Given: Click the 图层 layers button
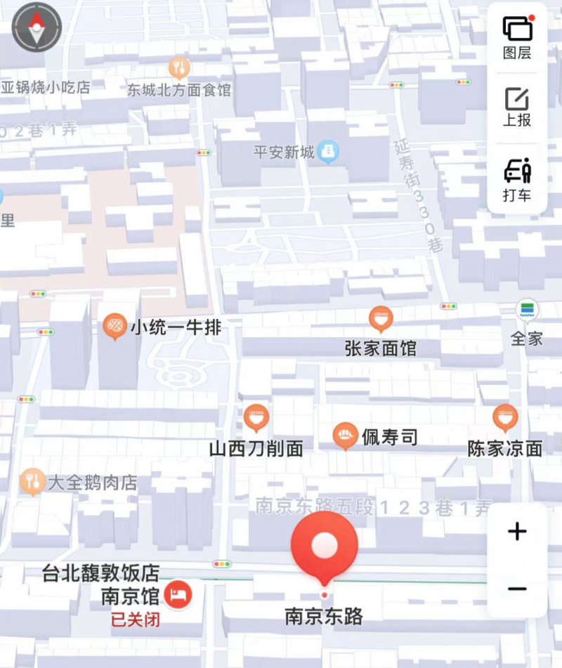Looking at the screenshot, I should pyautogui.click(x=517, y=37).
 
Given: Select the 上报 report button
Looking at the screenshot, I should pyautogui.click(x=517, y=107).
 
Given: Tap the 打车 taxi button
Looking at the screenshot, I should pyautogui.click(x=517, y=181).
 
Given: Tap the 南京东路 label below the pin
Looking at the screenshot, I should pyautogui.click(x=324, y=617).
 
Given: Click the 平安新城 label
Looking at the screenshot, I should pyautogui.click(x=284, y=151).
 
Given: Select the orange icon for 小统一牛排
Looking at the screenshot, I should pyautogui.click(x=115, y=326).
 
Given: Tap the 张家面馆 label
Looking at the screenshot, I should pyautogui.click(x=381, y=348).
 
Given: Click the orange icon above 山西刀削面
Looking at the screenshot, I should pyautogui.click(x=256, y=417).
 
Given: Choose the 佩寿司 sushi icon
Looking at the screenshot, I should pyautogui.click(x=345, y=435).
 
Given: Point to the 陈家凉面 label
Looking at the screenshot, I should pyautogui.click(x=505, y=449).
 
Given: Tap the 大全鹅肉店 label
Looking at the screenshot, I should pyautogui.click(x=91, y=483).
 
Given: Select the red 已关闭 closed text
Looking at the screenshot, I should pyautogui.click(x=136, y=620).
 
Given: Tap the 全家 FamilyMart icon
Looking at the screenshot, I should pyautogui.click(x=527, y=310).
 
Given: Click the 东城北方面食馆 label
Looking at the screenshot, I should pyautogui.click(x=179, y=90).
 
